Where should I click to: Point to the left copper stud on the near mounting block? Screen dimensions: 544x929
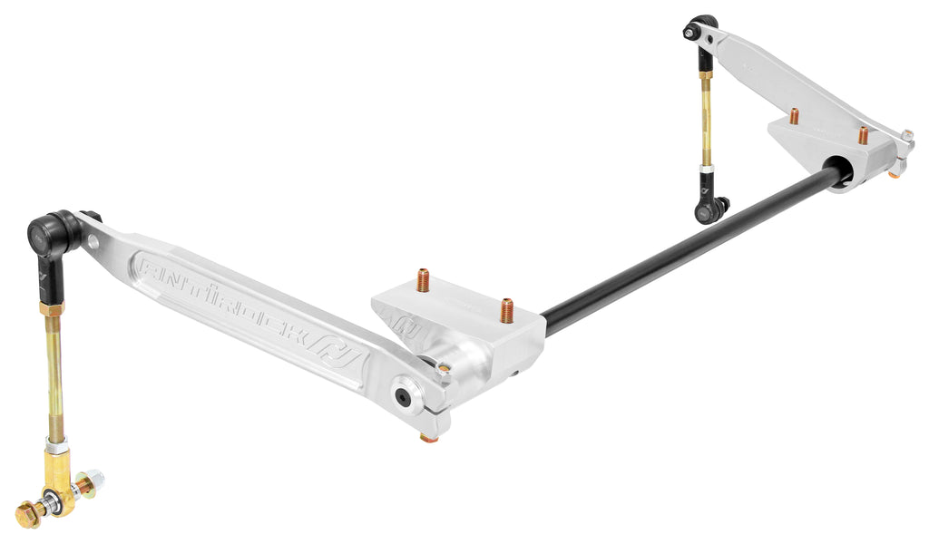tap(423, 280)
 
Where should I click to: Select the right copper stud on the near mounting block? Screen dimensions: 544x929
tap(506, 309)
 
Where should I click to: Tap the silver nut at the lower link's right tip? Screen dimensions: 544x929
tap(96, 480)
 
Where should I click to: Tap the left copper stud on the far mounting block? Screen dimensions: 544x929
tap(794, 117)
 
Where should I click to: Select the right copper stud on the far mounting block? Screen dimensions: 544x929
tap(863, 135)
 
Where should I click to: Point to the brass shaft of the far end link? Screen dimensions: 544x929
tap(704, 118)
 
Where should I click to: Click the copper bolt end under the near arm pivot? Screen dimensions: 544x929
tap(427, 439)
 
